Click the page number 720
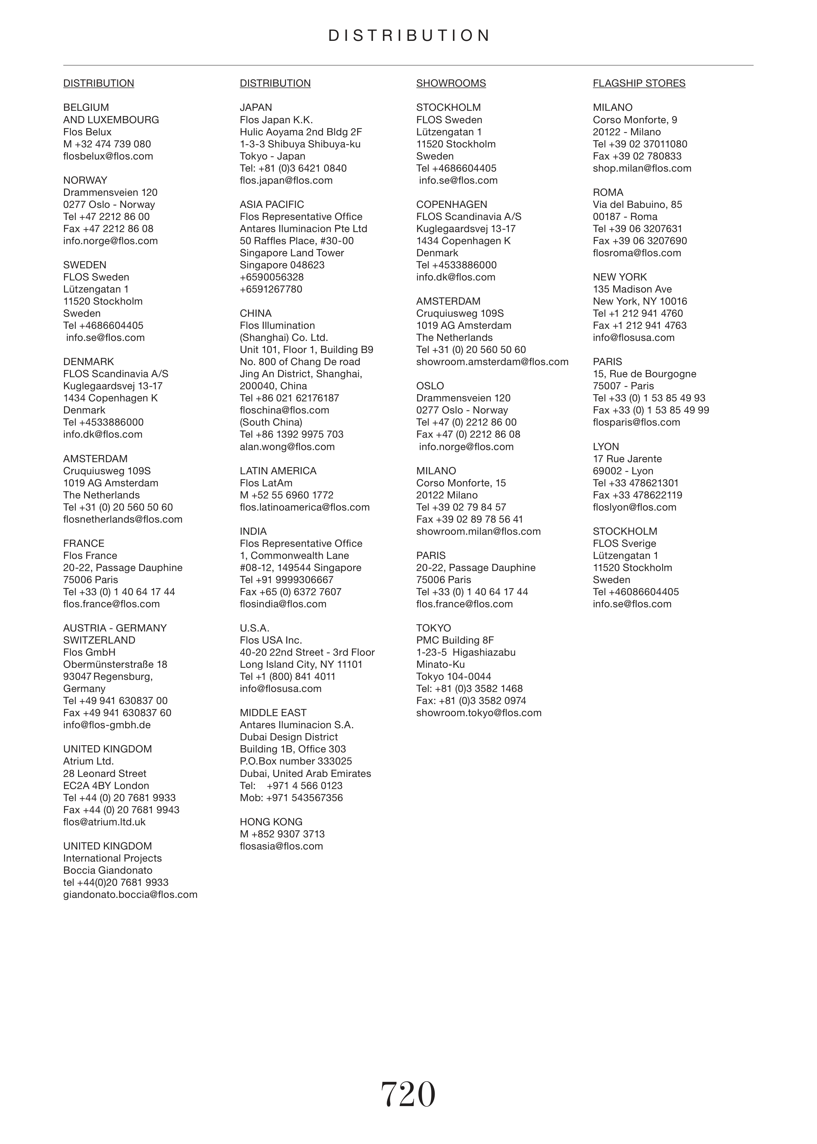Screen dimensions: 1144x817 point(408,1095)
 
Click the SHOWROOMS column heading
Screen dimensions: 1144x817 point(451,83)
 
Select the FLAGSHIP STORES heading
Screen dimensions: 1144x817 point(639,83)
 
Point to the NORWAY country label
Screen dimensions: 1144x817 point(85,181)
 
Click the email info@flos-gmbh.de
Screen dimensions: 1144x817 point(107,725)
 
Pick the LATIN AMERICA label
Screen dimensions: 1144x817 point(278,471)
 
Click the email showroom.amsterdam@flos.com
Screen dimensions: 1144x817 point(492,362)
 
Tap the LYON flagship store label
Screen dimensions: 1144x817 point(606,447)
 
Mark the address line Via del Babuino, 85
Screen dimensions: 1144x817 point(637,205)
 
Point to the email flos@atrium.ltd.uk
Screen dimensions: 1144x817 point(104,822)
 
